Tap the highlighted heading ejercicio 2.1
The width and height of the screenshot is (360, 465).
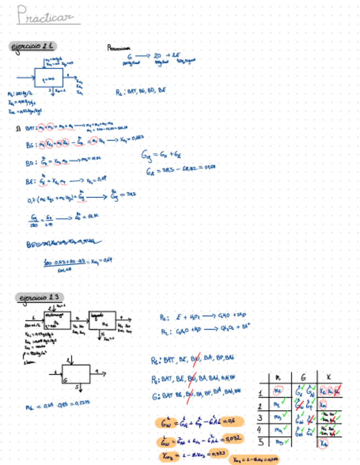[35, 46]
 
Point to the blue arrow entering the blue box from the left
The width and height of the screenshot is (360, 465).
[25, 77]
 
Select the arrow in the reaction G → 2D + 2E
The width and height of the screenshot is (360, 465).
[142, 56]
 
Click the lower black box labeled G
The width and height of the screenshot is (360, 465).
[75, 372]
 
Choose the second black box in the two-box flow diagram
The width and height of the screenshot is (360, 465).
[102, 320]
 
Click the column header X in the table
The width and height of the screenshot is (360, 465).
[328, 377]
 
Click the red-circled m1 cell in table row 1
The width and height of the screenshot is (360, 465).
[279, 392]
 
